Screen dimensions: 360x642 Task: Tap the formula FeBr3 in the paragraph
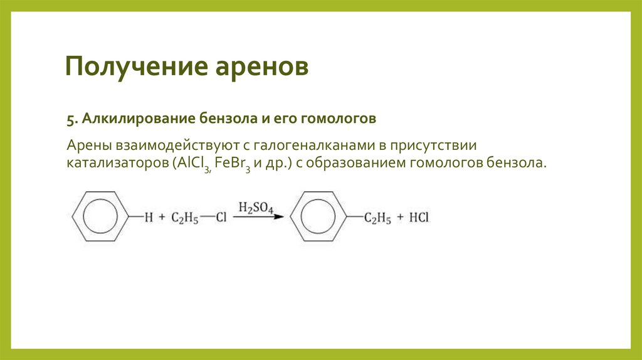coord(234,164)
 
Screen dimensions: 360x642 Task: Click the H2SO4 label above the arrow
coord(255,208)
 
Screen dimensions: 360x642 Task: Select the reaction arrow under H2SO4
coord(258,218)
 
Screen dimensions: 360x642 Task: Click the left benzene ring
coord(100,218)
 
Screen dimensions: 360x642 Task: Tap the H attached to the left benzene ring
coord(149,218)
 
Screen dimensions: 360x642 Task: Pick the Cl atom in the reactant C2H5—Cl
coord(221,218)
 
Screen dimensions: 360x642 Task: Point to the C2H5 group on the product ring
coord(379,218)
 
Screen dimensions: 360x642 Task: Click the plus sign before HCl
coord(399,218)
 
